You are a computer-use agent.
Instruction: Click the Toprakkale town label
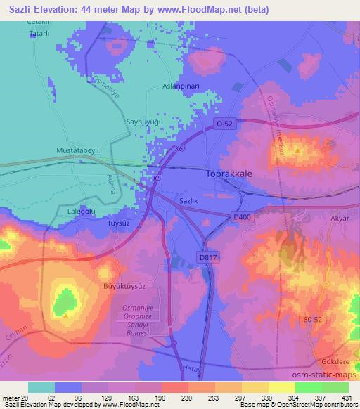pos(234,172)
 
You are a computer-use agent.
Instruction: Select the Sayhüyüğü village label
pos(145,122)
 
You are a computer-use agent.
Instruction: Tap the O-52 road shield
pos(222,124)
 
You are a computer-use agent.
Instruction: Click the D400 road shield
pos(241,218)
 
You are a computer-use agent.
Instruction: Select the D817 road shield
pos(207,259)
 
